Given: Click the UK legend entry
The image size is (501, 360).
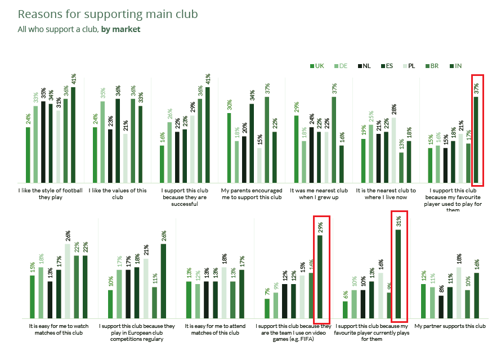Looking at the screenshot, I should [317, 66].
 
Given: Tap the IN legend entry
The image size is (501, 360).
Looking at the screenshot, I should [454, 66].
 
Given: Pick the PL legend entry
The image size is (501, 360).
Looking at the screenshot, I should [409, 66].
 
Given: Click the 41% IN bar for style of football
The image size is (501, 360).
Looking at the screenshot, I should [73, 135].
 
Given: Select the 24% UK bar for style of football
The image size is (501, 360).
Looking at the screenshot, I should [28, 155].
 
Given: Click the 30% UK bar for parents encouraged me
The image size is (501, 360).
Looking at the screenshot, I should [229, 148].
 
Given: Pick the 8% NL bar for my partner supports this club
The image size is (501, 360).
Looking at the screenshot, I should [441, 307].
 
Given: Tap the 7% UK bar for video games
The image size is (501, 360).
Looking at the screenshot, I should [267, 309].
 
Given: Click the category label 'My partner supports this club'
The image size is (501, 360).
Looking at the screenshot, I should [450, 326].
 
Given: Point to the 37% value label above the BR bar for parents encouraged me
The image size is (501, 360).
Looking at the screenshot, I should [267, 88].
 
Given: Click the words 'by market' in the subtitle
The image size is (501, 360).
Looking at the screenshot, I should [121, 29].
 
